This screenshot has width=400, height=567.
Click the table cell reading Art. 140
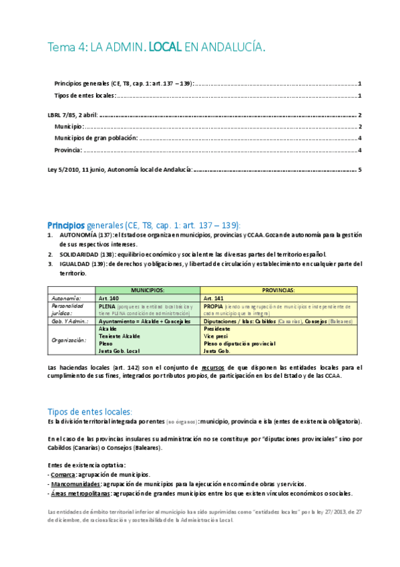coord(108,298)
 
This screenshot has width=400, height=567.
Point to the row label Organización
coord(69,340)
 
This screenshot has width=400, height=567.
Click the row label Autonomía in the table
coord(66,298)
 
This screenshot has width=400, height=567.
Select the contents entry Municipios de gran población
coord(96,138)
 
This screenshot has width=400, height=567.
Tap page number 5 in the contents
coord(359,169)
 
